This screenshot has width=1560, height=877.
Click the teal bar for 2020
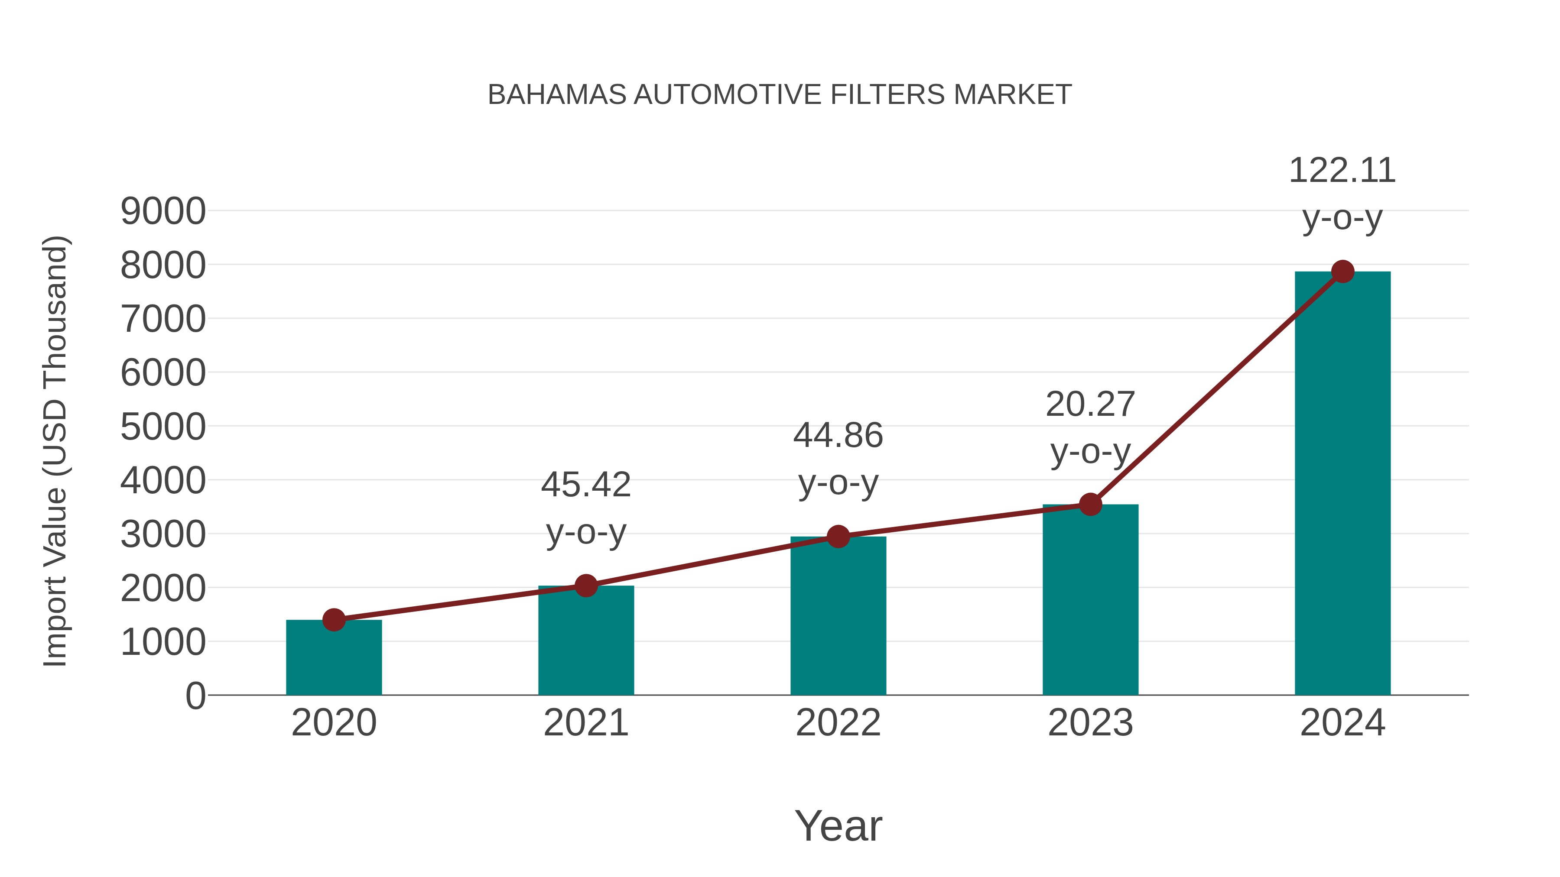pyautogui.click(x=334, y=658)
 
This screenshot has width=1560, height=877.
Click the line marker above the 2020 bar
pyautogui.click(x=334, y=620)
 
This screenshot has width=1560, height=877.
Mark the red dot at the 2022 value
pyautogui.click(x=838, y=536)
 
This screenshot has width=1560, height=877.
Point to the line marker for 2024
pyautogui.click(x=1342, y=272)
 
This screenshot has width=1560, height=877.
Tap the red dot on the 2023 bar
pyautogui.click(x=1090, y=504)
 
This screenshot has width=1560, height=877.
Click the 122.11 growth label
pyautogui.click(x=1342, y=171)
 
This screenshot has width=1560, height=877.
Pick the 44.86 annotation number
pyautogui.click(x=838, y=435)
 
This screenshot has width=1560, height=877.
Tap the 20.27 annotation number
pyautogui.click(x=1090, y=405)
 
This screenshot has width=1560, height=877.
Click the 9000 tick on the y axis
pyautogui.click(x=163, y=211)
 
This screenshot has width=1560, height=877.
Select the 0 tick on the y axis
pyautogui.click(x=195, y=696)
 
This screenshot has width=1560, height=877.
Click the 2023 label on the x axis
pyautogui.click(x=1090, y=723)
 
